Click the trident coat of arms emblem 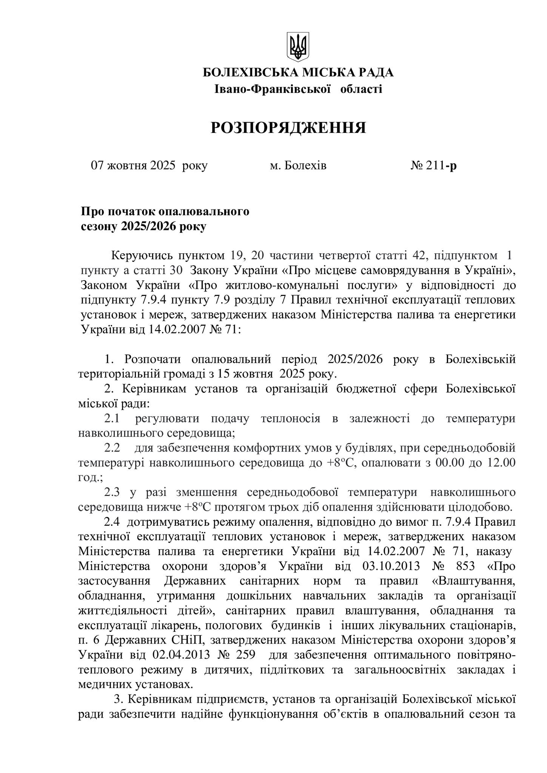click(298, 46)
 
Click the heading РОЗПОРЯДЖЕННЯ click(288, 128)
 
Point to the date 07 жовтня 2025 click(134, 166)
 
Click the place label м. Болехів click(298, 166)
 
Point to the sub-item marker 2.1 click(112, 419)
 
